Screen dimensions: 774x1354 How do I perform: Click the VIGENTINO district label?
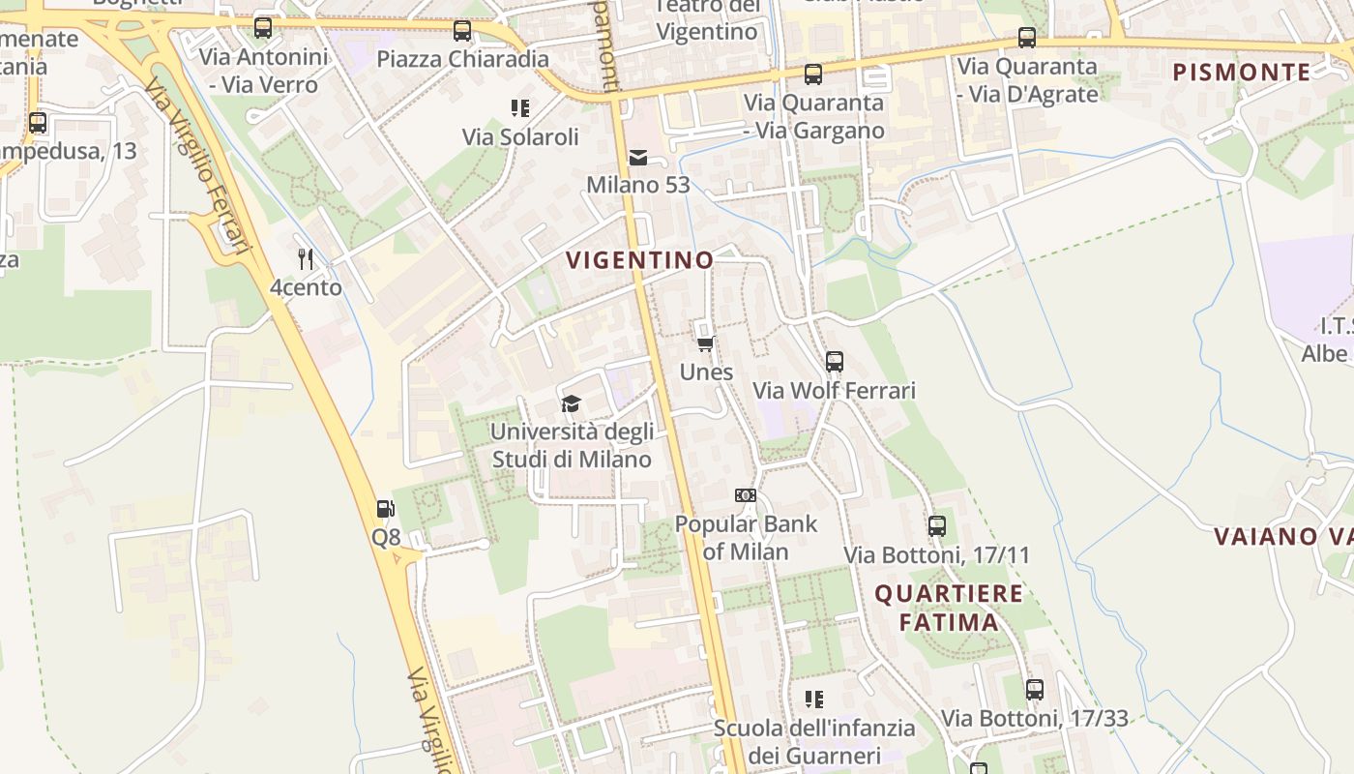pyautogui.click(x=639, y=260)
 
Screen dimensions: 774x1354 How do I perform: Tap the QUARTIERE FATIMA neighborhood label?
pyautogui.click(x=949, y=608)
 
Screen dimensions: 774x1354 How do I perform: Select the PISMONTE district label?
pyautogui.click(x=1242, y=72)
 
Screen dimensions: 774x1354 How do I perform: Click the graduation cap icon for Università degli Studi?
pyautogui.click(x=572, y=403)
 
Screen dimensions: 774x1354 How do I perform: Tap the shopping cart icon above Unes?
pyautogui.click(x=706, y=343)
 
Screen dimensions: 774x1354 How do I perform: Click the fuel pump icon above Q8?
pyautogui.click(x=385, y=509)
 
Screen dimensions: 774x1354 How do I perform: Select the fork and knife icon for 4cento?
pyautogui.click(x=306, y=258)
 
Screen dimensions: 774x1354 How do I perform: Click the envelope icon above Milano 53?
pyautogui.click(x=638, y=157)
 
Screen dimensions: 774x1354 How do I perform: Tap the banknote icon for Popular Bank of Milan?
pyautogui.click(x=745, y=495)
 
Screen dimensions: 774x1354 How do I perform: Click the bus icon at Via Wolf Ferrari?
pyautogui.click(x=834, y=362)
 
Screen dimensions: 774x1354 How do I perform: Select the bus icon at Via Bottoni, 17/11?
pyautogui.click(x=936, y=526)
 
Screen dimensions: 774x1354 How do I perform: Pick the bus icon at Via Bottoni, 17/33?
pyautogui.click(x=1035, y=690)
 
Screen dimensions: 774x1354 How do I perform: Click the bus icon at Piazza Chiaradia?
pyautogui.click(x=462, y=31)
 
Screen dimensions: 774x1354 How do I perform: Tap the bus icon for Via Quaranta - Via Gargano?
pyautogui.click(x=813, y=74)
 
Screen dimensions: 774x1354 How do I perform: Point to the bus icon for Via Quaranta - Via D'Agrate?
pyautogui.click(x=1027, y=39)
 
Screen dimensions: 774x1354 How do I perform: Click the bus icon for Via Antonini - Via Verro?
pyautogui.click(x=262, y=28)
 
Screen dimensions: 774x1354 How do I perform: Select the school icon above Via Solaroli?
pyautogui.click(x=520, y=108)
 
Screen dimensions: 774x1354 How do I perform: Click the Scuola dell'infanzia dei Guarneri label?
pyautogui.click(x=814, y=741)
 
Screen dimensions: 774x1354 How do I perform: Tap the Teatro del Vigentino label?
pyautogui.click(x=707, y=19)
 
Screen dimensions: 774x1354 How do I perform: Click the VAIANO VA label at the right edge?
pyautogui.click(x=1282, y=536)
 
